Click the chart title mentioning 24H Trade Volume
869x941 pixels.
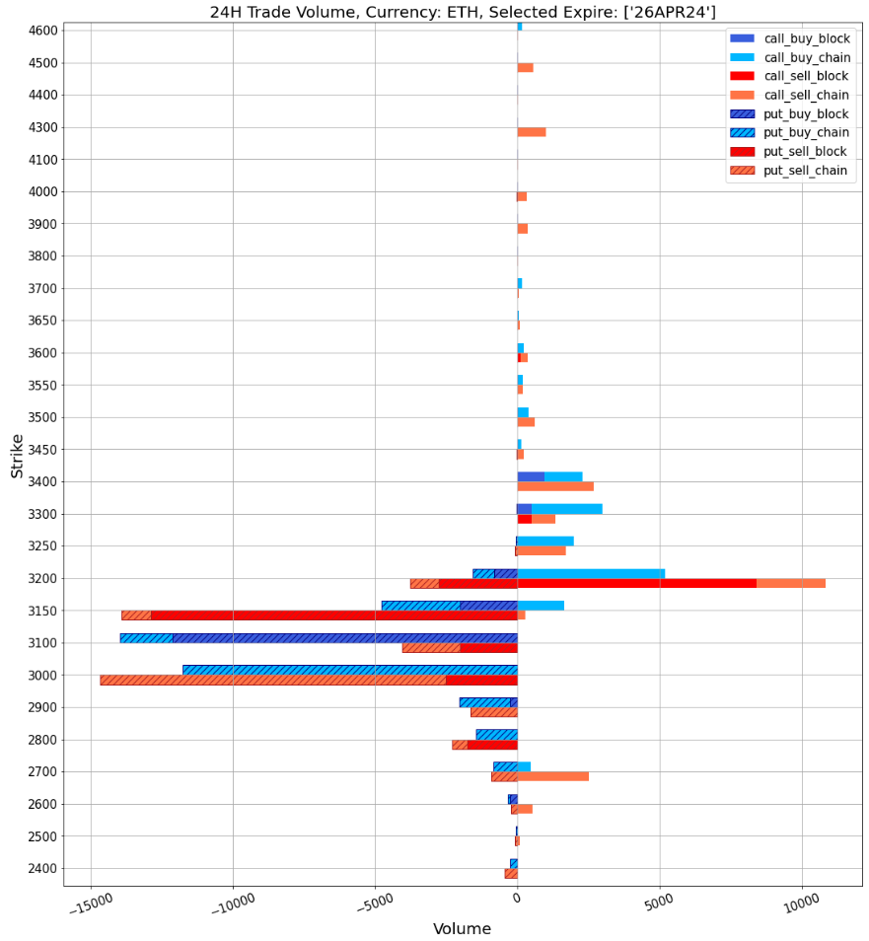463,12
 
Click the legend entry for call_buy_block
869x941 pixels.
806,38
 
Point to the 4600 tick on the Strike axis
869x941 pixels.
43,31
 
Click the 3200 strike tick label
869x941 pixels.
43,579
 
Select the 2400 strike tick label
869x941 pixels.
43,869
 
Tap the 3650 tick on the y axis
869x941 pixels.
43,321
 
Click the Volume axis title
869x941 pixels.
462,929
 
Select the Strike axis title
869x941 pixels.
17,456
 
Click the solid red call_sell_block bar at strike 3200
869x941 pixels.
636,584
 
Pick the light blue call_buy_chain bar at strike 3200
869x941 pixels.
591,573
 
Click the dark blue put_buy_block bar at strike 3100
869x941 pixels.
344,638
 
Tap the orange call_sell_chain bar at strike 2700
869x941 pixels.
552,777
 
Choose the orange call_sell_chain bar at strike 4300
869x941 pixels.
532,132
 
